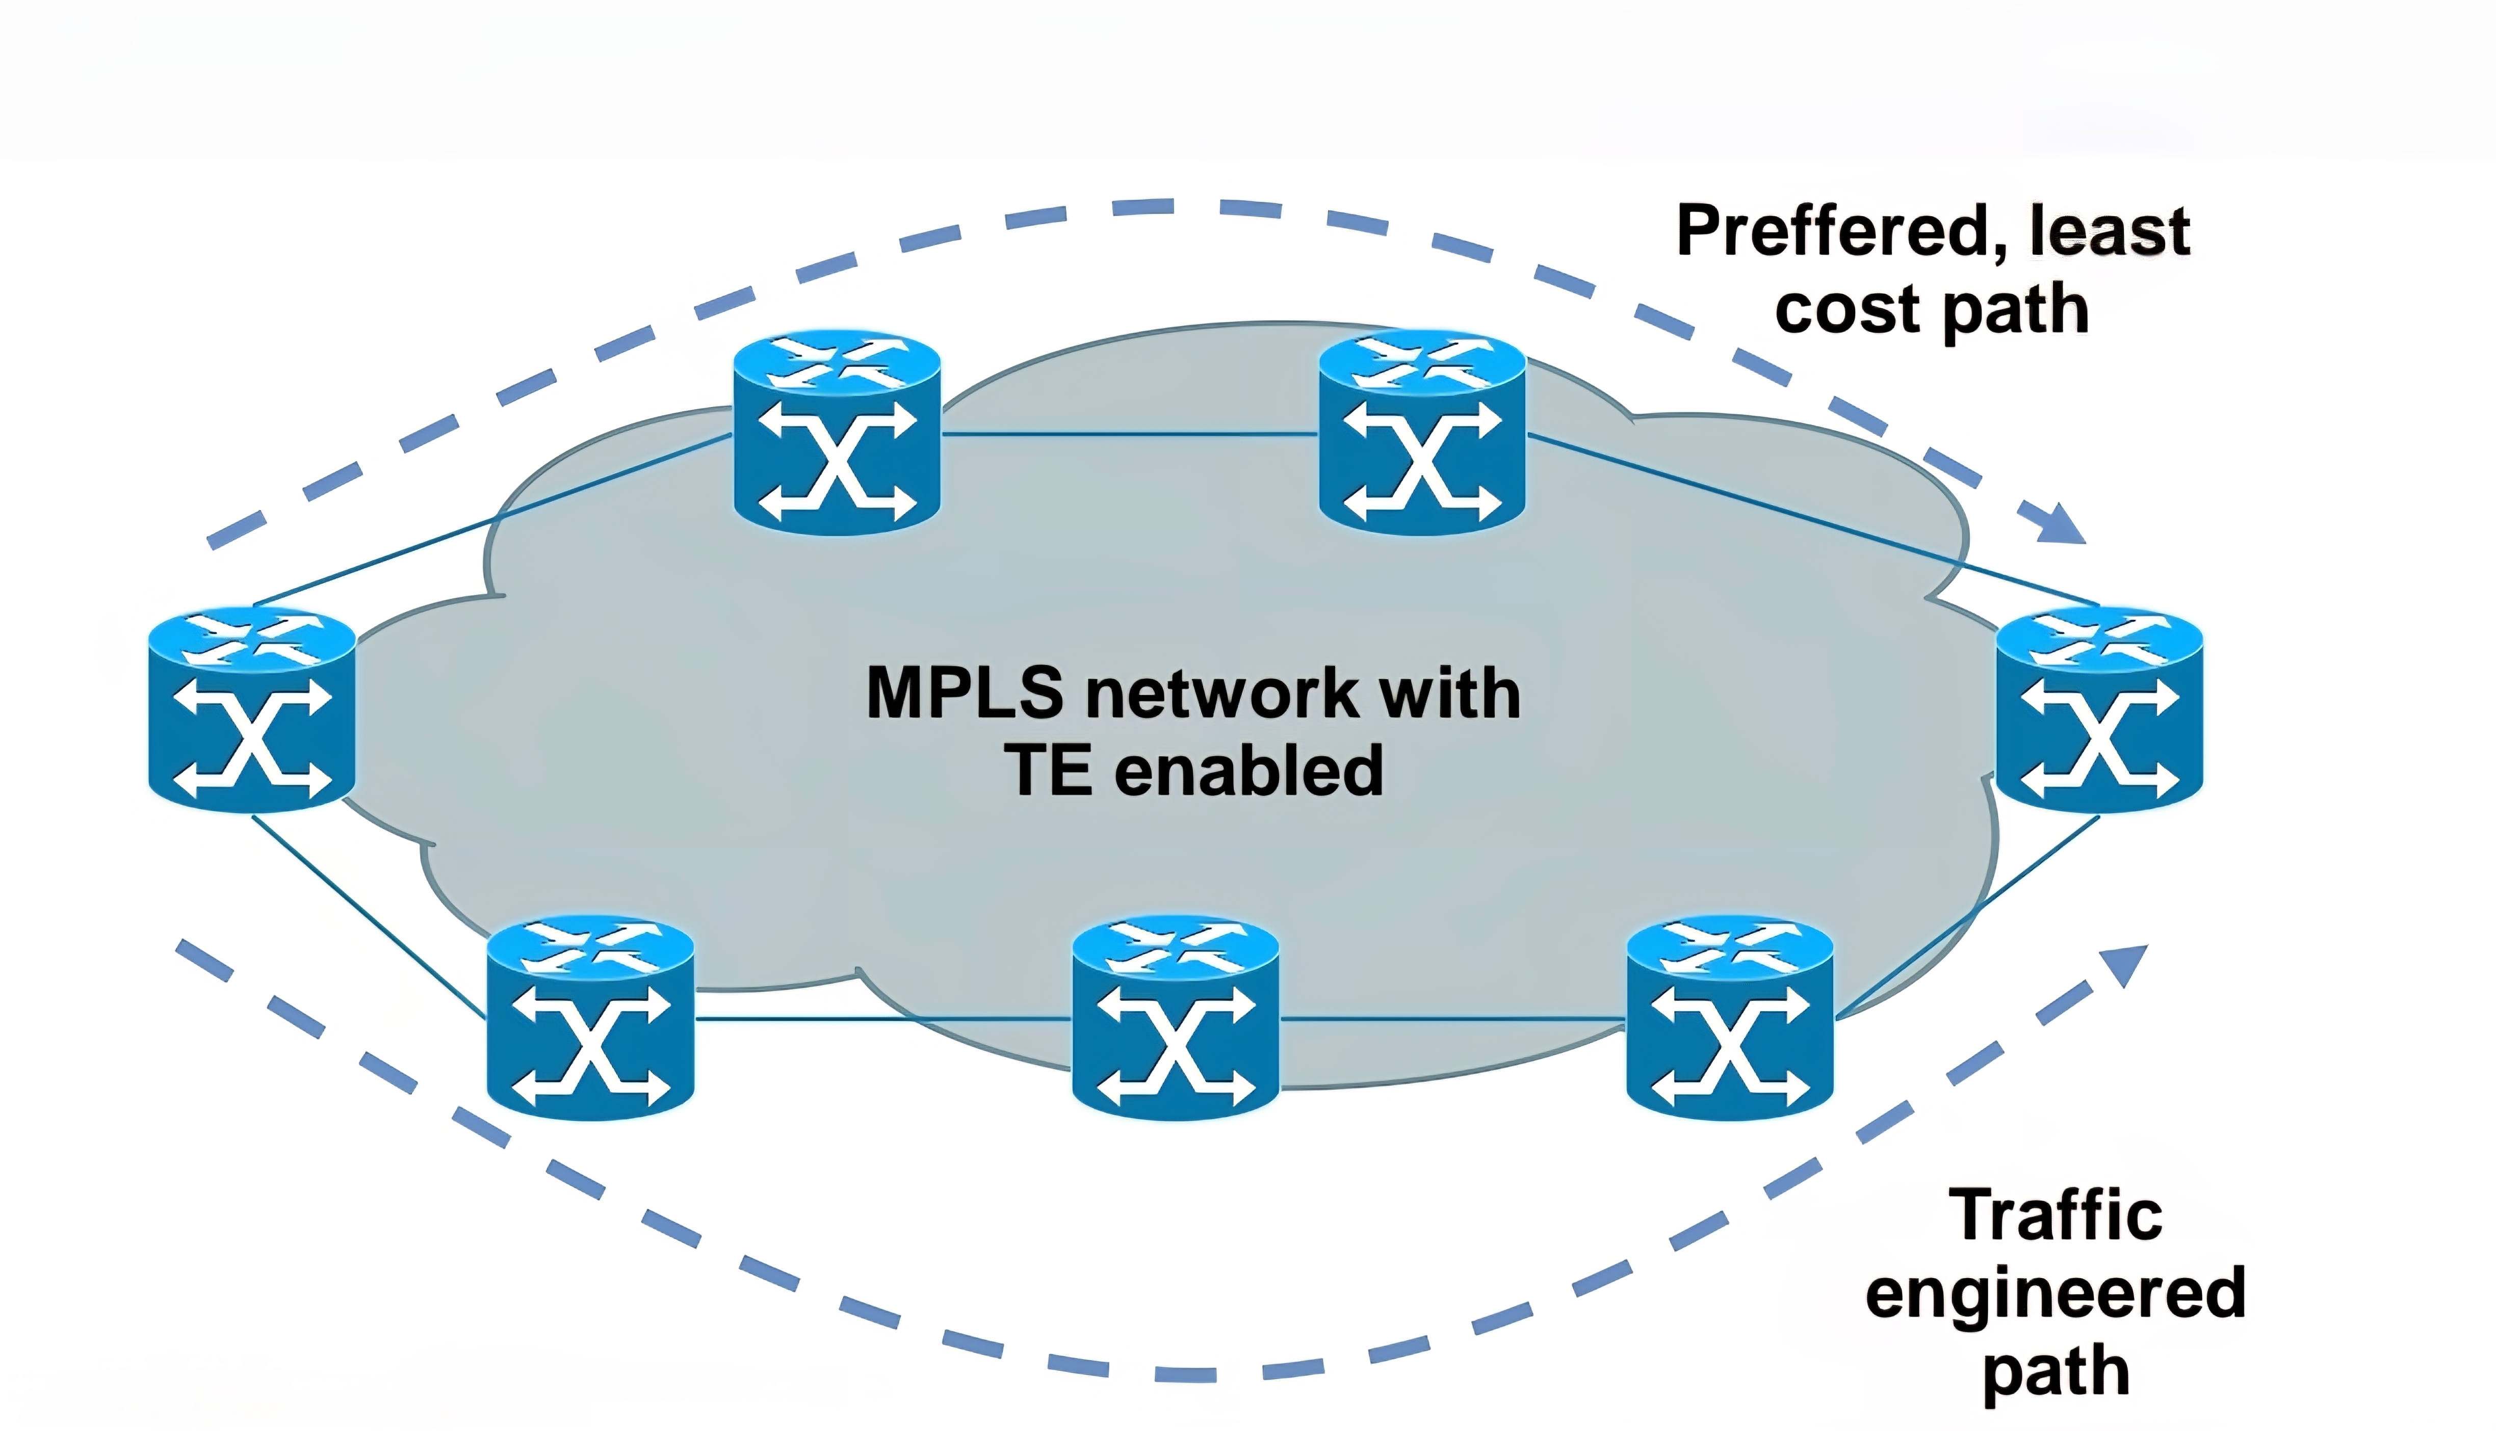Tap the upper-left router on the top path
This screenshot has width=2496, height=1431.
[x=837, y=433]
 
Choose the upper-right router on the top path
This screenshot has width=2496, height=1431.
[x=1421, y=433]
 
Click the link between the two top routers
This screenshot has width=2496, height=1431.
[x=1129, y=433]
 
